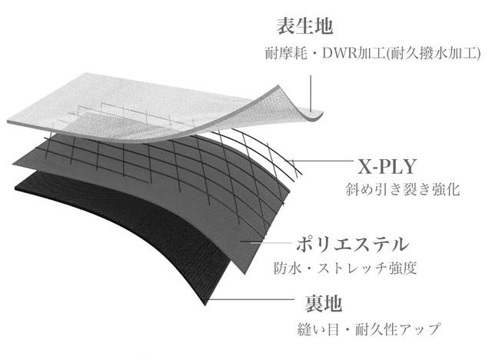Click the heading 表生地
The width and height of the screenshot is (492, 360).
pos(304,25)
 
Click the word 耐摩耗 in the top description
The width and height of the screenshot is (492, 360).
pos(281,55)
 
